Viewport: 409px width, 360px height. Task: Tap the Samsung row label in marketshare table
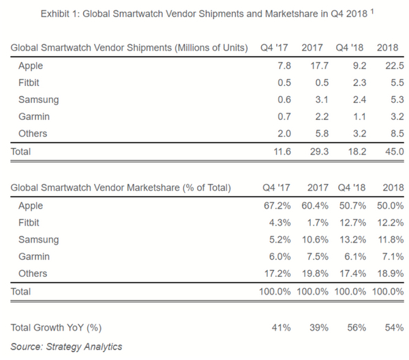(x=39, y=239)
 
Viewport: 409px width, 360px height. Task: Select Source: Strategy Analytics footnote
(x=66, y=346)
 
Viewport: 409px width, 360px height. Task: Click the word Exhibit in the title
(x=58, y=13)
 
